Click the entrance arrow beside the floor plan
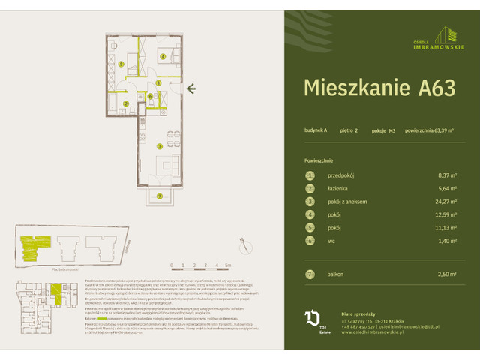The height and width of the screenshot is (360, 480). click(192, 89)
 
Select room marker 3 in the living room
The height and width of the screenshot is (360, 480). click(159, 145)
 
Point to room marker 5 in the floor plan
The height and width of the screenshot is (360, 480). click(121, 64)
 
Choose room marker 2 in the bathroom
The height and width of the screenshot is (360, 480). click(127, 103)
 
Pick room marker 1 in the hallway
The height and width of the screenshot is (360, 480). click(159, 82)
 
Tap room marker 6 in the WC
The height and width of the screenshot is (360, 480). click(150, 96)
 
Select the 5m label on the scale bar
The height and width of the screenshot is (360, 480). click(226, 265)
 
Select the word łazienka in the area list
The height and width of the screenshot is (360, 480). click(340, 189)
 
